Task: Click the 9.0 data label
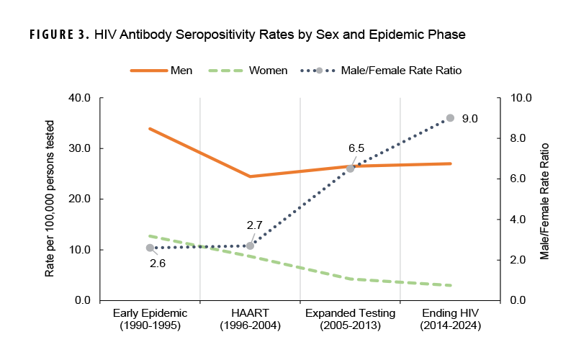[x=470, y=118]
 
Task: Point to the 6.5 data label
[x=356, y=148]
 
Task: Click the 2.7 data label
[x=254, y=225]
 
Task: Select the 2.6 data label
[x=158, y=264]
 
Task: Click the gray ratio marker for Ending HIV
[x=450, y=118]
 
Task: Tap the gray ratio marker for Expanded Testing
[x=350, y=168]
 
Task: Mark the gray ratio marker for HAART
[x=250, y=246]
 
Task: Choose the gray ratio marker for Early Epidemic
[x=150, y=248]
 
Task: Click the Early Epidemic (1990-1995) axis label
[x=150, y=319]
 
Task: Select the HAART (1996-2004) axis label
[x=250, y=319]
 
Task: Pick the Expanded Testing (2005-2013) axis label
[x=350, y=319]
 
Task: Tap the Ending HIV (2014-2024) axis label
[x=450, y=319]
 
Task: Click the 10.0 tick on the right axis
[x=521, y=98]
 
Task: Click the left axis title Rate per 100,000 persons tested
[x=50, y=199]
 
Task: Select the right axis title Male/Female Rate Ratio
[x=545, y=199]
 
